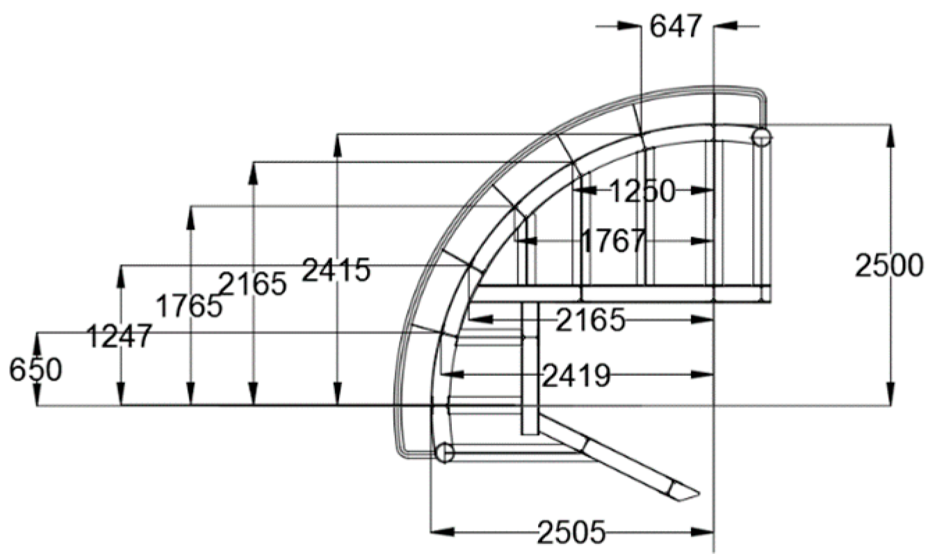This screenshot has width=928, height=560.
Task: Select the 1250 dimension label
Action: (642, 191)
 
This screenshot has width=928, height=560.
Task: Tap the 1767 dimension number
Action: (612, 242)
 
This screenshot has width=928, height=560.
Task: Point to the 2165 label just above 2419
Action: (592, 320)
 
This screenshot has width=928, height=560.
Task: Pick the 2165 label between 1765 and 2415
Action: (253, 284)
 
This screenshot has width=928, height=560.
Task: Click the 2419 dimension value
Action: (576, 376)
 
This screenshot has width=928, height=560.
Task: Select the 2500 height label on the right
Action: (889, 266)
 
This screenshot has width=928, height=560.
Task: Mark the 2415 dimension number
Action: (336, 270)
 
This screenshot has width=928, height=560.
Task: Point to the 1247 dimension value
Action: (119, 337)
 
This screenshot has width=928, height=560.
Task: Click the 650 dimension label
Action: (35, 370)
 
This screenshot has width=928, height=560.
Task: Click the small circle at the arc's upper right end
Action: (761, 137)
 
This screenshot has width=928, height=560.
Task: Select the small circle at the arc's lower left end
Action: (444, 453)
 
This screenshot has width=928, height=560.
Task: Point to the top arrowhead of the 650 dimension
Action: (37, 341)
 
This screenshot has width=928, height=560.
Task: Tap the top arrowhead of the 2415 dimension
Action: (337, 143)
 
